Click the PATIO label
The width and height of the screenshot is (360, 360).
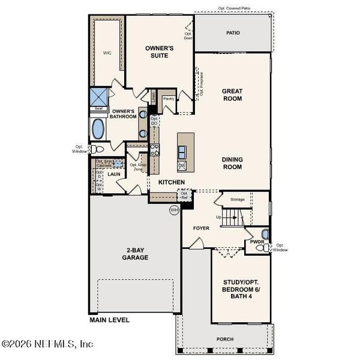coord(232,32)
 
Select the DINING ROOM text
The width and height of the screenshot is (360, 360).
coord(232,163)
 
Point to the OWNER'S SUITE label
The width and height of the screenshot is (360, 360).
coord(159,51)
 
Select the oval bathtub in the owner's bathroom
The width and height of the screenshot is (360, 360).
coord(98,127)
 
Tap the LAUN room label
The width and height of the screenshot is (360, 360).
coord(115,174)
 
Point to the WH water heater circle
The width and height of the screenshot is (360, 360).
coord(174,210)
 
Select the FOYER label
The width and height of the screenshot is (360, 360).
coord(200,228)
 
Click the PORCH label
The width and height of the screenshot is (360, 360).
coord(225,339)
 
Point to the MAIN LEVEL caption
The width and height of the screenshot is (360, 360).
coord(110,320)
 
